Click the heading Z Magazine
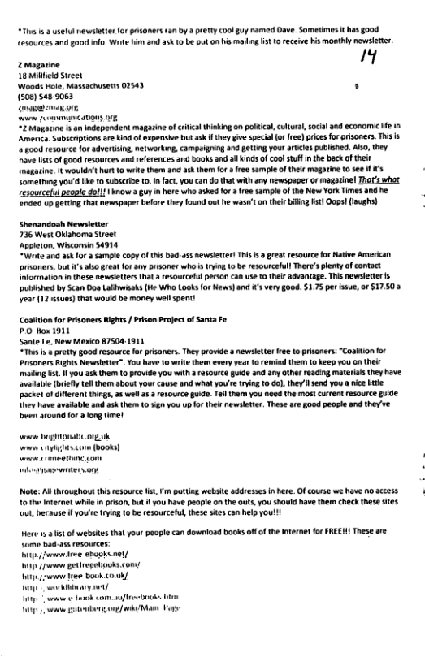[x=39, y=63]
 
